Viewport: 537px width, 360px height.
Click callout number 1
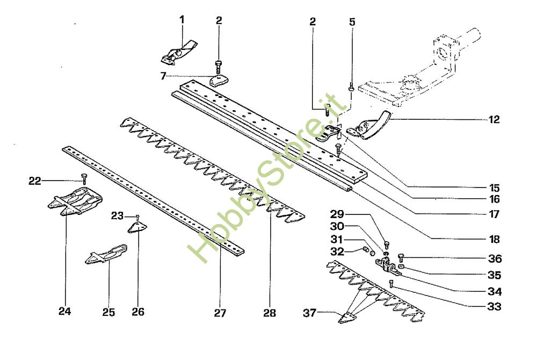click(182, 20)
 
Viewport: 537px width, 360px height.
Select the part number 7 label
click(163, 76)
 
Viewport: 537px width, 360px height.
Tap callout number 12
click(495, 120)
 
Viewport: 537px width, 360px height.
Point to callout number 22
click(35, 182)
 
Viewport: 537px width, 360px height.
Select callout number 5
click(352, 23)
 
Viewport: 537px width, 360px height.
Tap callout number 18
click(495, 239)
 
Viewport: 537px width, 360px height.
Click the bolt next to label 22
click(83, 178)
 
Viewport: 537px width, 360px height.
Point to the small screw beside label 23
click(138, 217)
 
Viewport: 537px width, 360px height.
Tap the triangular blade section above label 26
click(137, 227)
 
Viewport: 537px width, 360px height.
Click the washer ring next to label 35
click(401, 267)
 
